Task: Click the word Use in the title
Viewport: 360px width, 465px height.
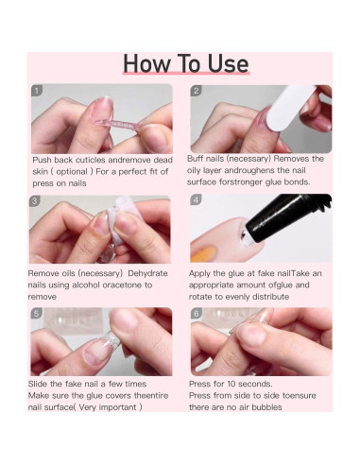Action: pos(228,63)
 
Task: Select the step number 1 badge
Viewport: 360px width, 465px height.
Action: pos(37,91)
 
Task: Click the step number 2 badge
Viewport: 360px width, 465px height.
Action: pos(197,91)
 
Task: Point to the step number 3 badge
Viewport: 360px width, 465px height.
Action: pos(35,201)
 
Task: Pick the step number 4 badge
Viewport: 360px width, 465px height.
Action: pos(197,199)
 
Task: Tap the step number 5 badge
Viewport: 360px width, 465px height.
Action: pos(37,314)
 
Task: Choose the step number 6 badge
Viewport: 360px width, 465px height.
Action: pos(197,314)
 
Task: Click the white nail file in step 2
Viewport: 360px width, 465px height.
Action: pos(290,109)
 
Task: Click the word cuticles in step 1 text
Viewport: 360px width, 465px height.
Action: pos(90,160)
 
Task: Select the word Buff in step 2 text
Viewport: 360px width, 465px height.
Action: pos(195,159)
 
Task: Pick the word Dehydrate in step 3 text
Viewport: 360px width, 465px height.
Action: pos(147,273)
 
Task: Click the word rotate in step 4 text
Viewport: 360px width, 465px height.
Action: pos(200,297)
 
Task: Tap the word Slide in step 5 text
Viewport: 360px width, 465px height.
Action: pos(38,384)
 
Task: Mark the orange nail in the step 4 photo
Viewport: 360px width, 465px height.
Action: pos(203,254)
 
